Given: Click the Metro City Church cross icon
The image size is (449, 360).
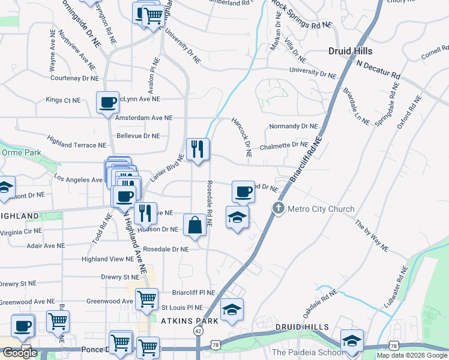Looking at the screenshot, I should click(278, 209).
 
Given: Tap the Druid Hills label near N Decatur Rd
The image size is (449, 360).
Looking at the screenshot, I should click(350, 51).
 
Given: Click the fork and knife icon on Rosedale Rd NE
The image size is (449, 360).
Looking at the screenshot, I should click(197, 149).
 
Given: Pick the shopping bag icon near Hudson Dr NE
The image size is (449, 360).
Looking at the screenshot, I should click(195, 226).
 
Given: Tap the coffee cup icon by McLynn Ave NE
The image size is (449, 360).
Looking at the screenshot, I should click(107, 103).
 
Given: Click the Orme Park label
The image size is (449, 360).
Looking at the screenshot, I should click(21, 152).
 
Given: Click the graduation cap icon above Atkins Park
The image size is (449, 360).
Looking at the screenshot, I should click(232, 310).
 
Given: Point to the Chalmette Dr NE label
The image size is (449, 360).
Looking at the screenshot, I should click(284, 145).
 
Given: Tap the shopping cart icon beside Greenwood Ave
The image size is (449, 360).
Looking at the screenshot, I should click(146, 299).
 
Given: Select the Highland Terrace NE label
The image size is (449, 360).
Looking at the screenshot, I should click(76, 145).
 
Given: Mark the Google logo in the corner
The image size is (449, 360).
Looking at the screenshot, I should click(20, 353).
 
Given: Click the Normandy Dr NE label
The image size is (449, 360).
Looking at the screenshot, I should click(293, 127).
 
